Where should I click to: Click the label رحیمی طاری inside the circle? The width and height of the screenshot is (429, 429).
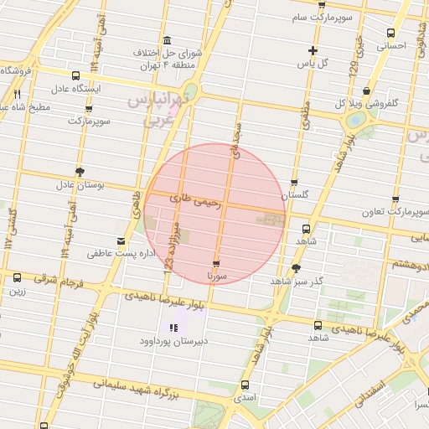point(194,200)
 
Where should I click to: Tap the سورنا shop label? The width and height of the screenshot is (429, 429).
point(216,275)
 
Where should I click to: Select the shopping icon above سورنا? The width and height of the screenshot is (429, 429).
point(216,264)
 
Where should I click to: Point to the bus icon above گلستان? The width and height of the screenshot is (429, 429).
point(294,183)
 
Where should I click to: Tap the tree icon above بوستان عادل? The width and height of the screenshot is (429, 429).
point(80,172)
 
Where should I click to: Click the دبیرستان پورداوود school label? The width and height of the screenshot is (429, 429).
point(173,341)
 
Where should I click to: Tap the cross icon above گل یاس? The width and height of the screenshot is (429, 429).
point(313,50)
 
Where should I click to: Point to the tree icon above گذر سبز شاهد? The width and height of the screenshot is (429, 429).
point(296,269)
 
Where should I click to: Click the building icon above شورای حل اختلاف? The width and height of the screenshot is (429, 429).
point(168,40)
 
